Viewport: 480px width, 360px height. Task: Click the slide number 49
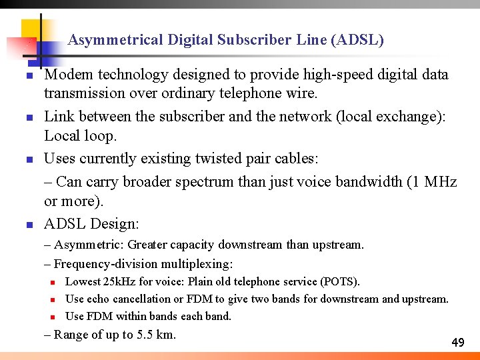(x=457, y=343)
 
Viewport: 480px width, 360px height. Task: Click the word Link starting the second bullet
(x=60, y=117)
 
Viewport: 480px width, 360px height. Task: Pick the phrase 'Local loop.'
(x=80, y=136)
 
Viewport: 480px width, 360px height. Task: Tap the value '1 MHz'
(x=435, y=181)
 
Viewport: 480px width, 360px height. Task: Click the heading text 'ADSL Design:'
(x=91, y=223)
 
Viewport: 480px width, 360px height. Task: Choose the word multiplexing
(x=200, y=263)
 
